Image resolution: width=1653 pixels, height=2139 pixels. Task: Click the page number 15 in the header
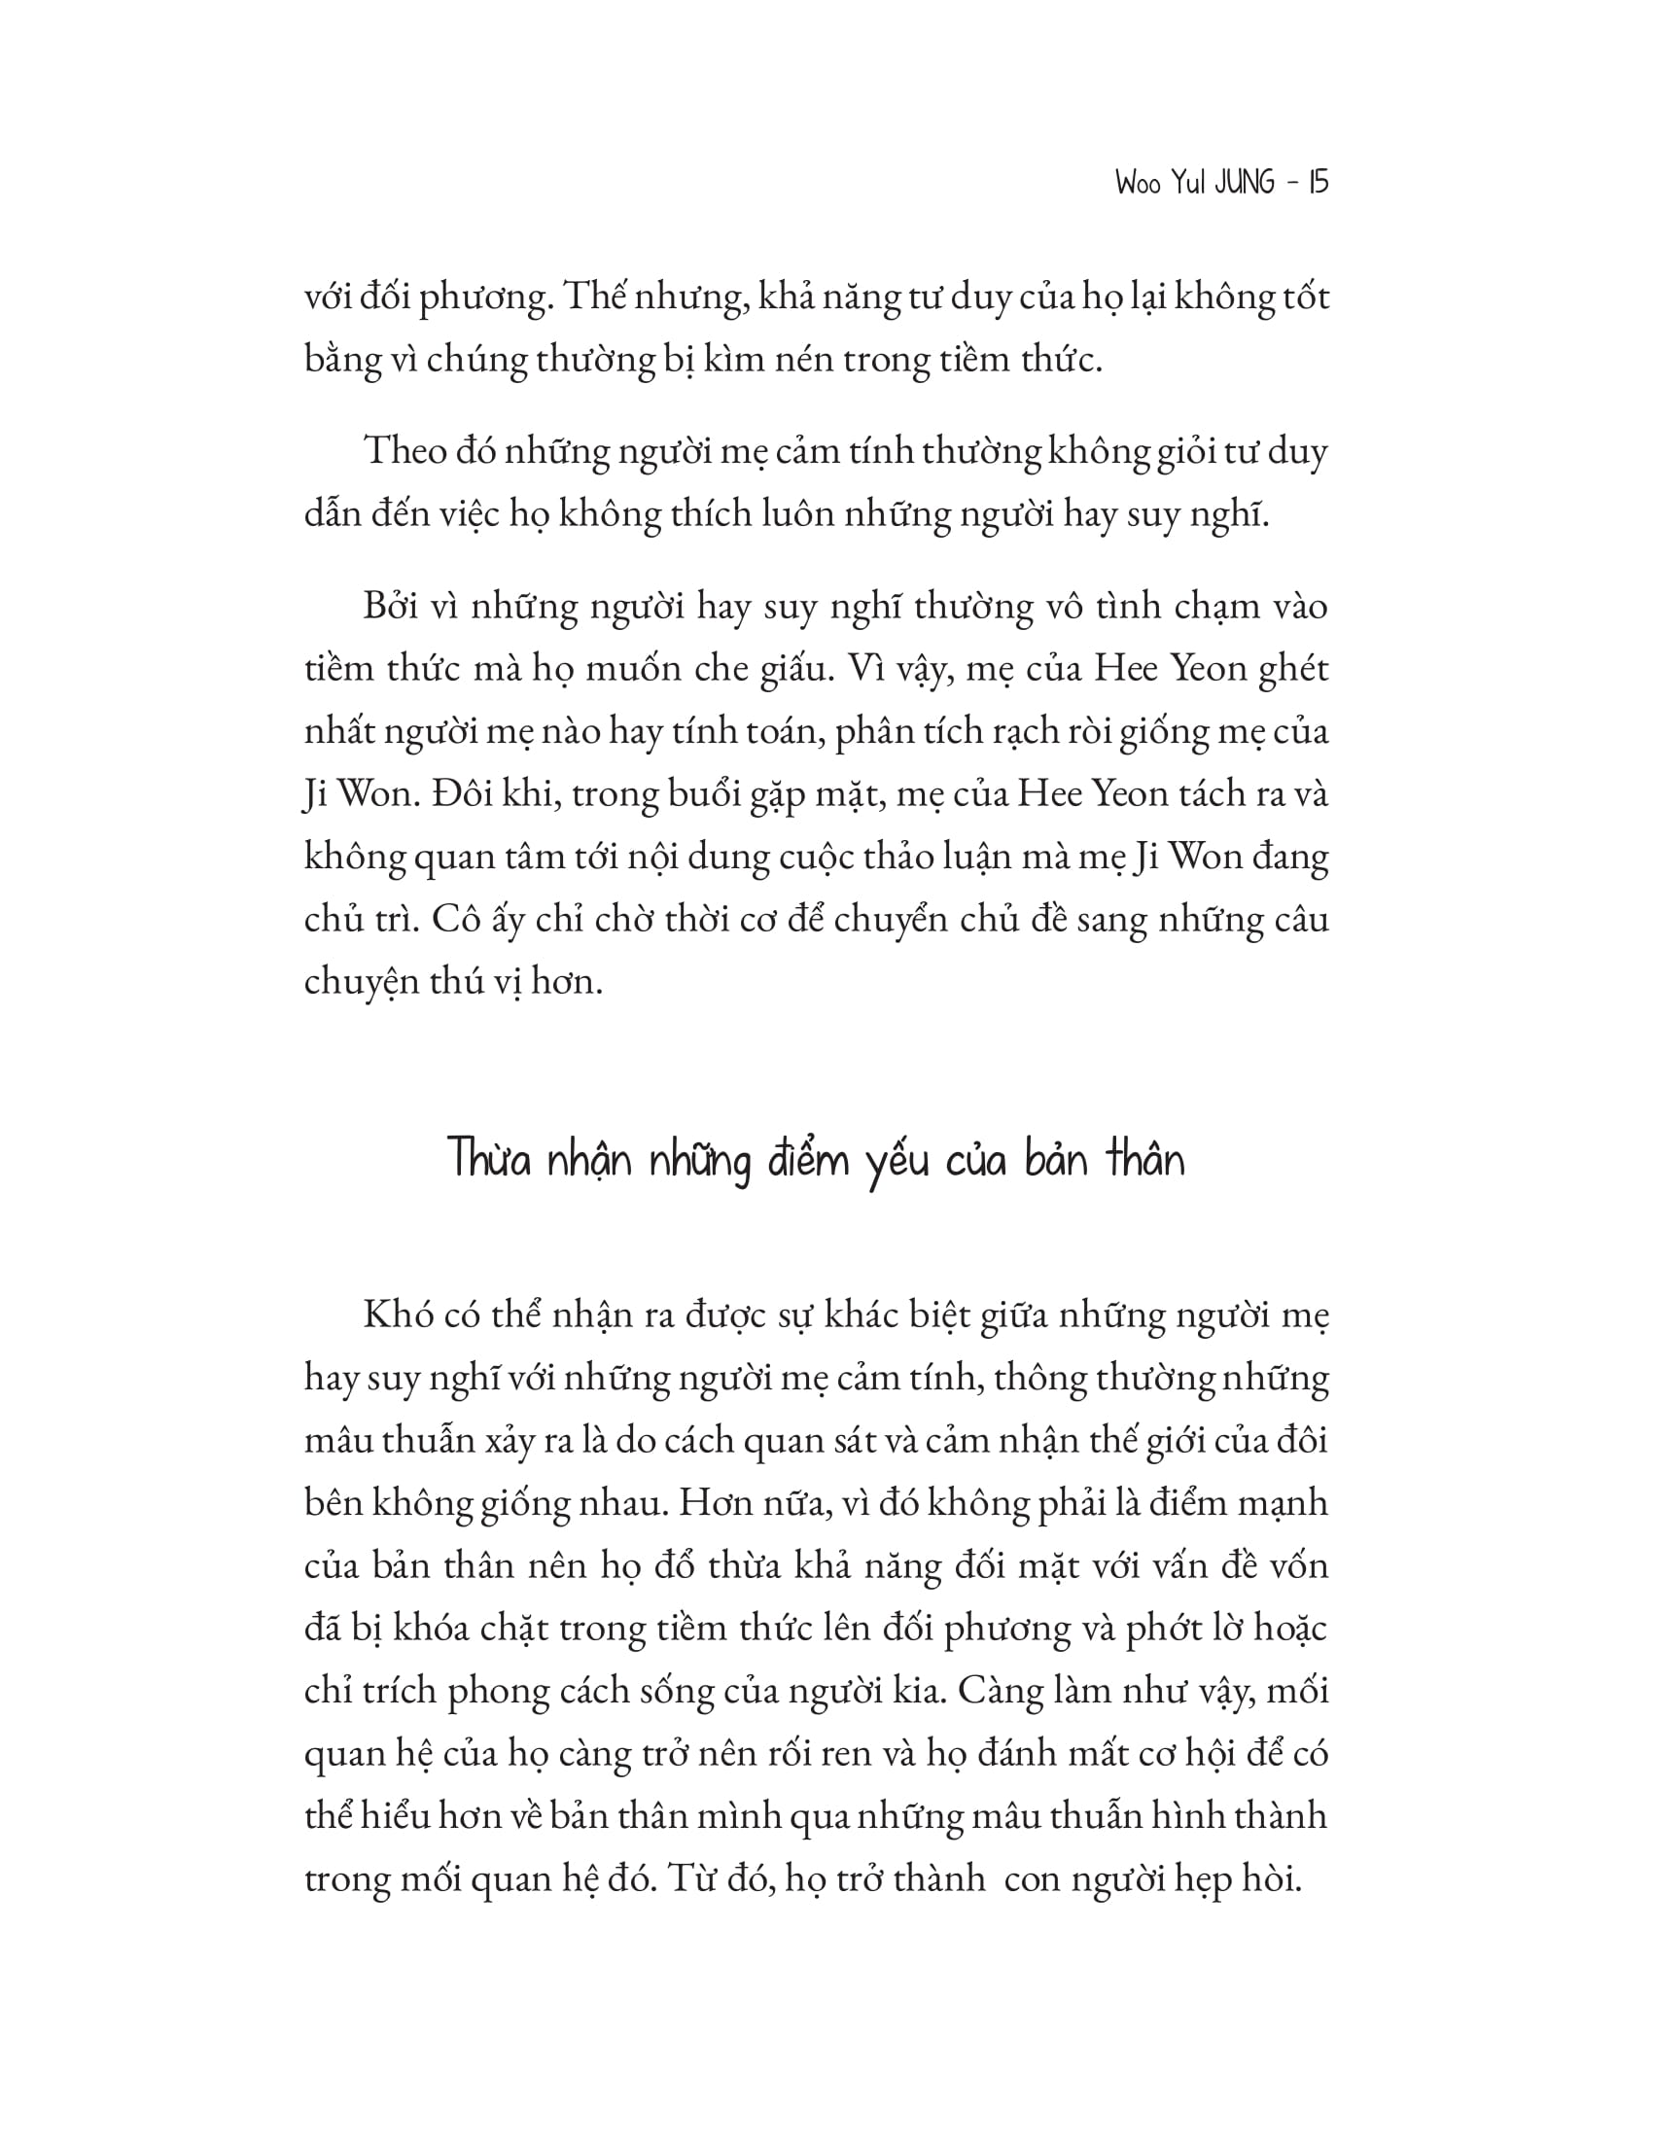click(1318, 183)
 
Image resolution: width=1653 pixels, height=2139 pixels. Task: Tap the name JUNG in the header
click(1245, 183)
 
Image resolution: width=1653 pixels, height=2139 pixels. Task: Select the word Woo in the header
click(1137, 184)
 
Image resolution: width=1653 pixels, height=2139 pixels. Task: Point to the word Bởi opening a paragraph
click(391, 608)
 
